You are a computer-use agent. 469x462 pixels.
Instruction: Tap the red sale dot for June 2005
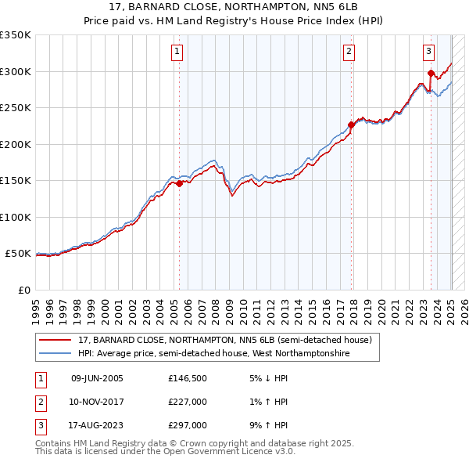[x=179, y=184]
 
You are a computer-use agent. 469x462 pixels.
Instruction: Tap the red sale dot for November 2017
[x=351, y=125]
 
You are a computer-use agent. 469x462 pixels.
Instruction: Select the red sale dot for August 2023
[x=431, y=74]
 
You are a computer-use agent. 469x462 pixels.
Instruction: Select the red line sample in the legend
[x=55, y=341]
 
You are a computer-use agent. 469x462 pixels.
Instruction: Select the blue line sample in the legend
[x=55, y=354]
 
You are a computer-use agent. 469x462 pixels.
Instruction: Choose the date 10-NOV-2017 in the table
[x=97, y=402]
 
